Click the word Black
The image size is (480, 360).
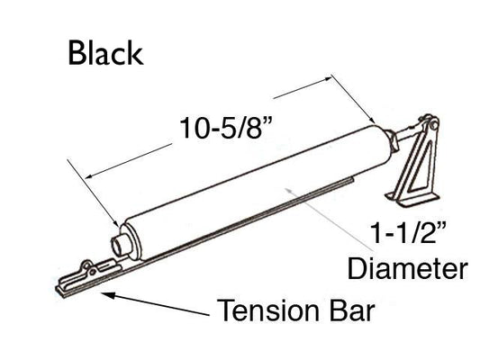pyautogui.click(x=105, y=54)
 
